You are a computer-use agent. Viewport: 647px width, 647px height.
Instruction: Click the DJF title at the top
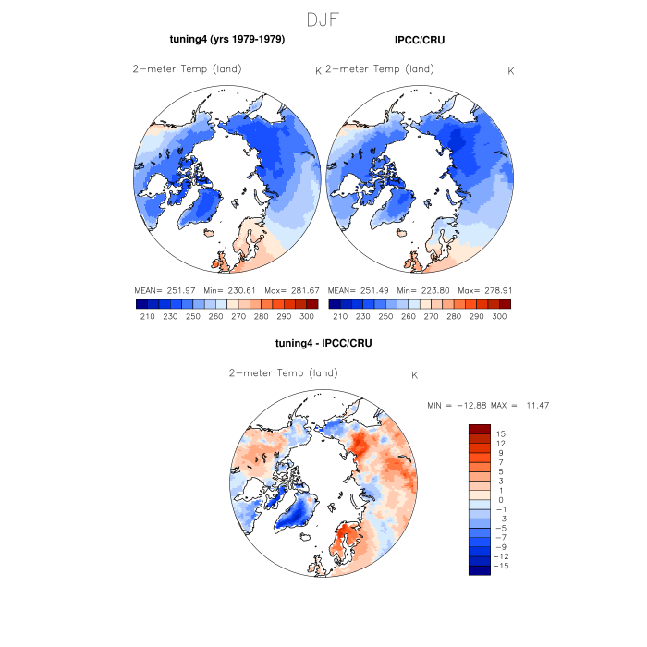tap(323, 19)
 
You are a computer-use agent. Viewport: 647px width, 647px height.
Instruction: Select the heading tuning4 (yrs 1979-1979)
tap(226, 40)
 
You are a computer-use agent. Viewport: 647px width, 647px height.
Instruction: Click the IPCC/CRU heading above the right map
tap(420, 40)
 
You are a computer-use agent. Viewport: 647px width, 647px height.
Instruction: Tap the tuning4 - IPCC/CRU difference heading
tap(323, 344)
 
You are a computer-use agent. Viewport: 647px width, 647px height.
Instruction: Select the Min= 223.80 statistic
tap(423, 289)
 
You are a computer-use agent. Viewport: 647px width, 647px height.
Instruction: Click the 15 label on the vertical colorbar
tap(500, 433)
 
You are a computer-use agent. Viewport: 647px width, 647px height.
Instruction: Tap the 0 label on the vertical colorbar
tap(500, 500)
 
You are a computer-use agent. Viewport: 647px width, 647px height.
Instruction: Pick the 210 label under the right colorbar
tap(340, 316)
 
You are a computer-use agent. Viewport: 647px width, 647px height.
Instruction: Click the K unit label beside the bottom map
tap(415, 375)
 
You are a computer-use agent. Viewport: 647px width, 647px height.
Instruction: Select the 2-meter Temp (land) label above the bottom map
tap(284, 373)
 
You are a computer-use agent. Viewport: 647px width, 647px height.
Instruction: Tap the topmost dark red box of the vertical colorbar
tap(479, 429)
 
